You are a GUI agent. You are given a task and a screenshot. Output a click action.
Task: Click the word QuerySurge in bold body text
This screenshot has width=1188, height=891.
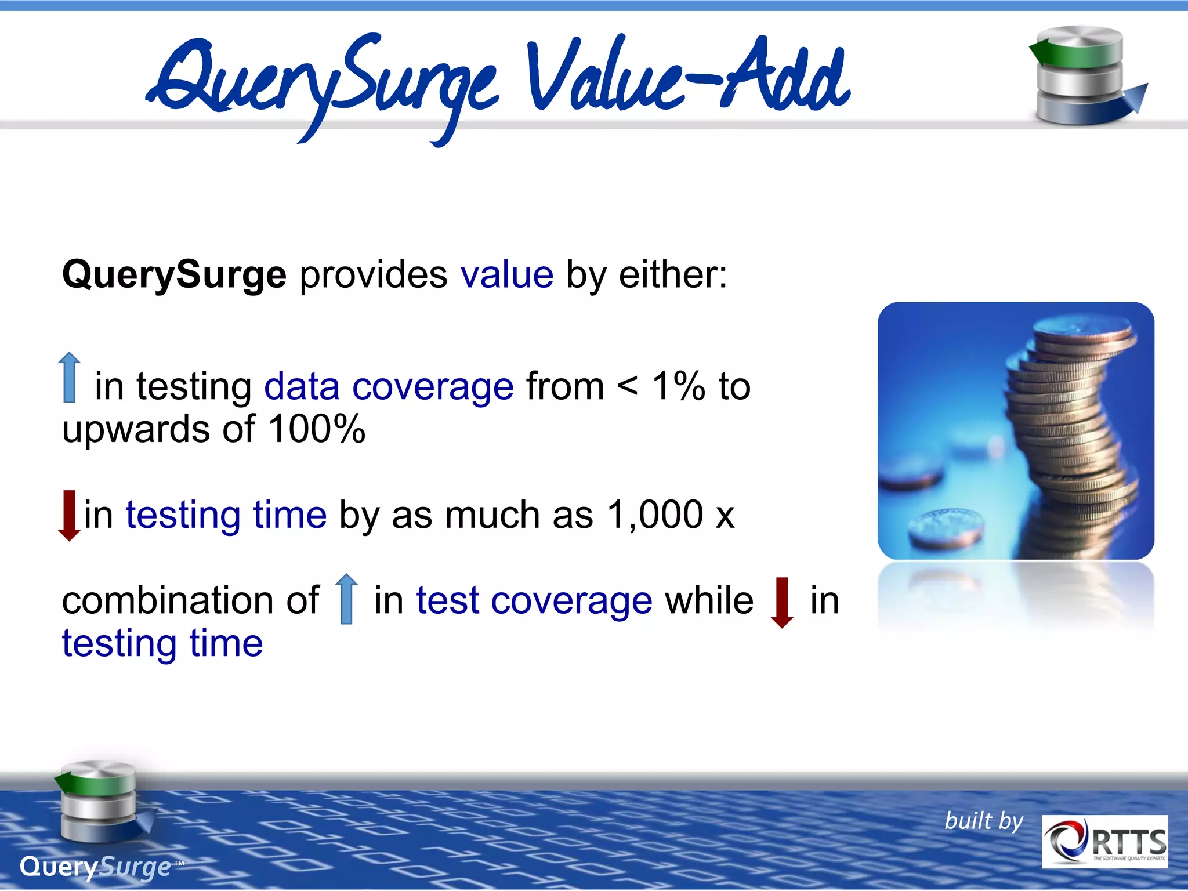coord(174,274)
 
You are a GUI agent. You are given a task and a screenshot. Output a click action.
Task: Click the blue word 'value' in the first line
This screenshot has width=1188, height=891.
coord(507,274)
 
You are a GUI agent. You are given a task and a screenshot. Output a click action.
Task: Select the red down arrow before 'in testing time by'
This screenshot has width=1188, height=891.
coord(70,515)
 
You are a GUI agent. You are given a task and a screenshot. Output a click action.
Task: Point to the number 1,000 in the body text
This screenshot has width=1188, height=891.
coord(655,515)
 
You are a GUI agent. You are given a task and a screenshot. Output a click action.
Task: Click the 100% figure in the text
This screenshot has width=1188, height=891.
coord(317,429)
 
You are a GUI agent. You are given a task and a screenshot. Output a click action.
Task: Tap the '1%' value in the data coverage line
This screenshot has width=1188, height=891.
coord(678,386)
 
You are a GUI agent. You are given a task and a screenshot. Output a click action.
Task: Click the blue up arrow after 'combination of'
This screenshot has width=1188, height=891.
coord(347,599)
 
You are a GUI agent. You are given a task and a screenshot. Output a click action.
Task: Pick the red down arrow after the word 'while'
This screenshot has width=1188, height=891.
coord(782,602)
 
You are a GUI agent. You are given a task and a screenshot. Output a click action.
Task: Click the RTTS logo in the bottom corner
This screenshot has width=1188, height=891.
coord(1104,841)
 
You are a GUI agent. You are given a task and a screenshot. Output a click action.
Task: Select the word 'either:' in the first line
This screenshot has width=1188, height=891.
coord(673,274)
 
